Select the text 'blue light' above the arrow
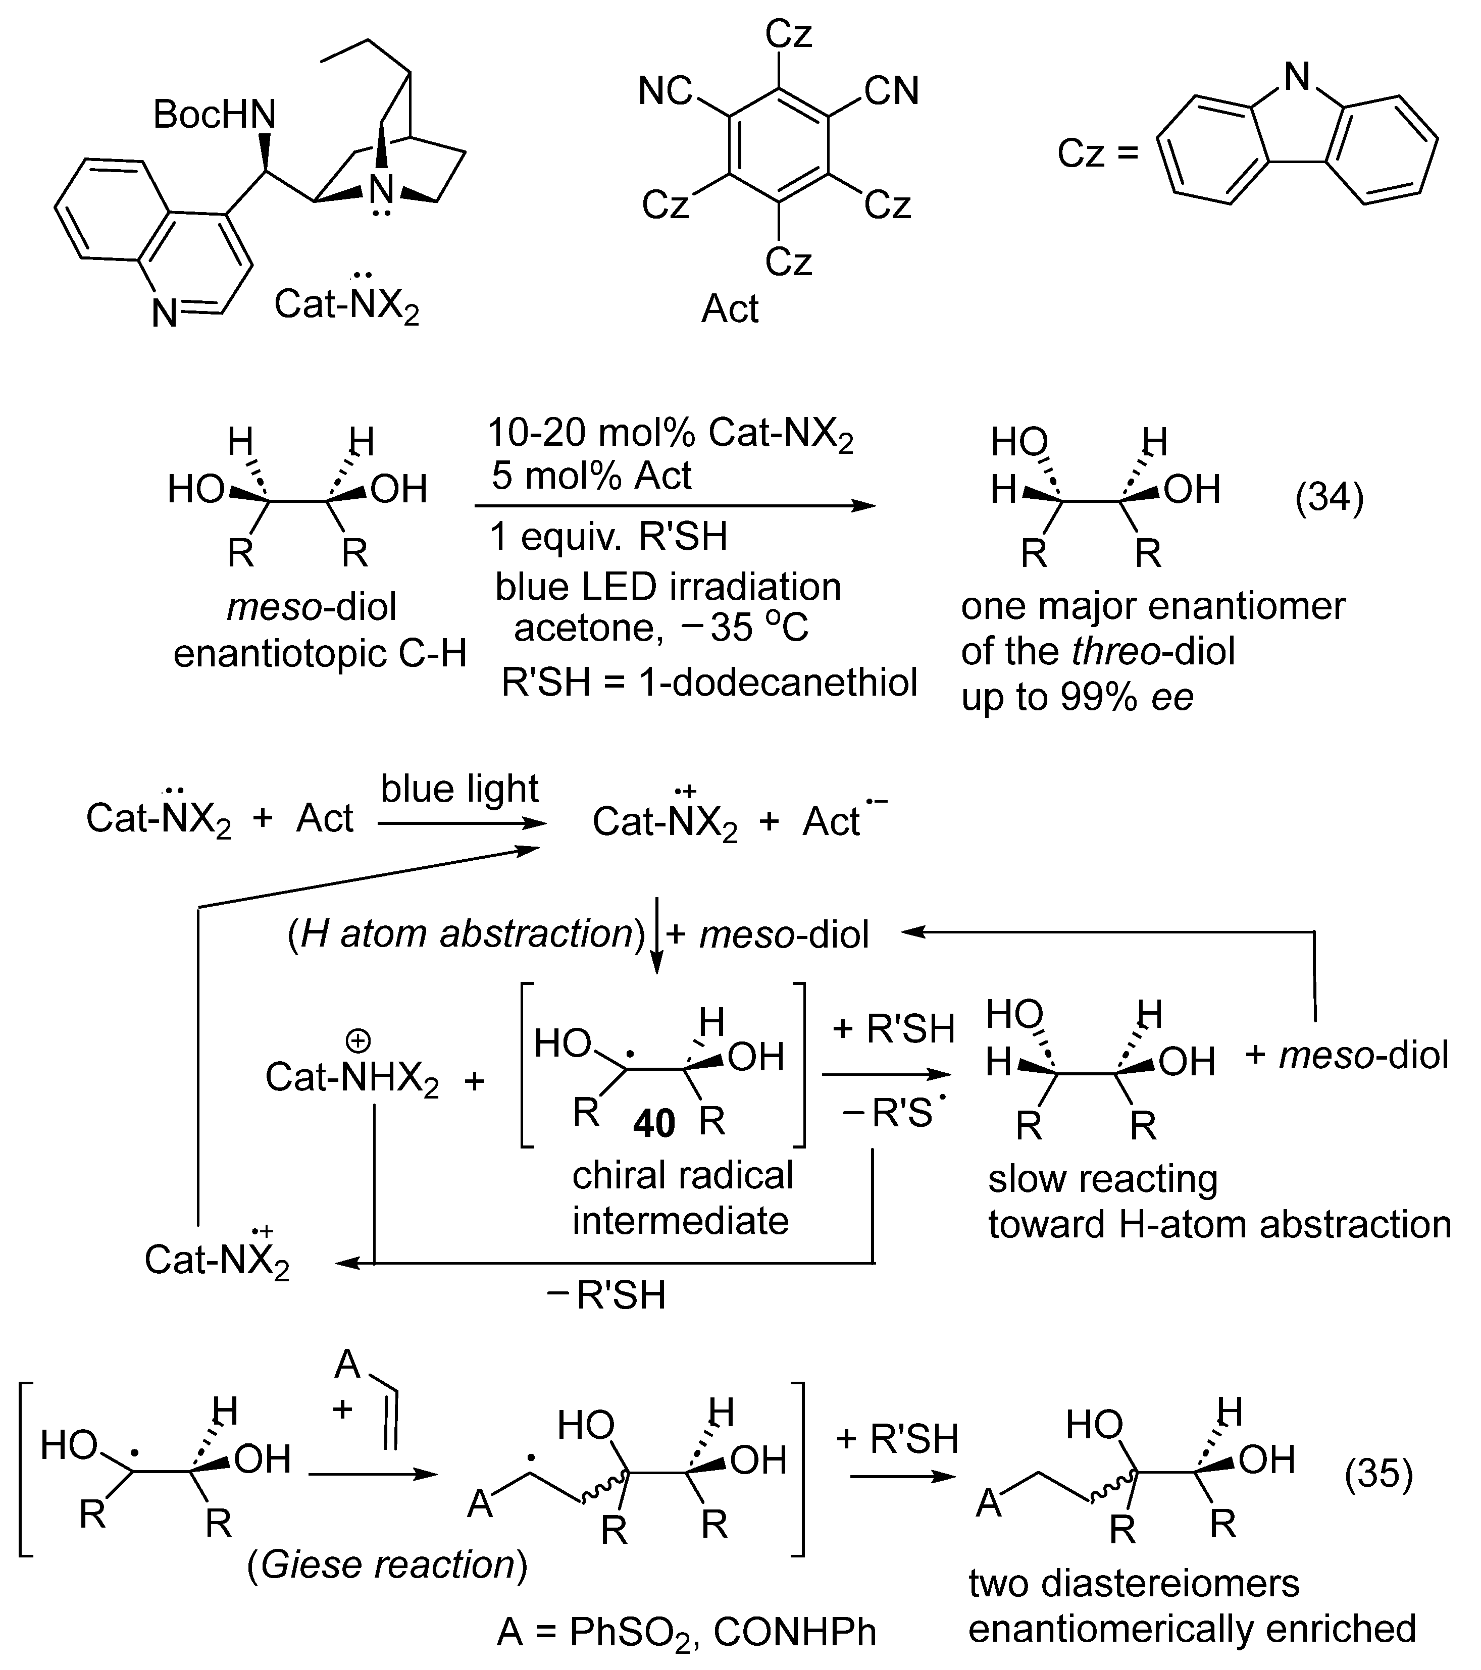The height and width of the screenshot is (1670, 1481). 459,789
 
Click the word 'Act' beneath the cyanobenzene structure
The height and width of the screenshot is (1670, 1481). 730,309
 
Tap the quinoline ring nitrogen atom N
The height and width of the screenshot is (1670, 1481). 164,313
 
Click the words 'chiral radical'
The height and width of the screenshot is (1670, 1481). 683,1175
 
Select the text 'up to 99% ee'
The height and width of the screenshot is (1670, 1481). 1077,697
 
